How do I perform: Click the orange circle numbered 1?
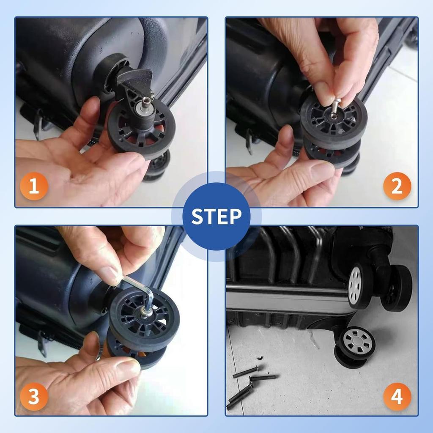point(34,186)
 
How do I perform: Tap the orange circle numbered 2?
point(397,186)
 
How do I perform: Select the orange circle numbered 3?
point(34,397)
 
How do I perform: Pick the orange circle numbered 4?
point(397,397)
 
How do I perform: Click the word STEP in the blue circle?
point(216,216)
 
